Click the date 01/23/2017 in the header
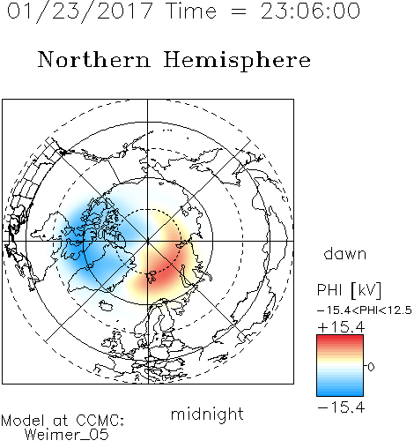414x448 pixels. click(x=80, y=11)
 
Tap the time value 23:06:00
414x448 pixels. click(x=310, y=11)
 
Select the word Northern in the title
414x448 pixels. click(x=94, y=59)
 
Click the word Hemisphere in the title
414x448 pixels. click(x=237, y=61)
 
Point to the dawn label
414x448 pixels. click(x=345, y=253)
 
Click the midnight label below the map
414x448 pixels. click(x=207, y=414)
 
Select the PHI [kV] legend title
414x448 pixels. click(x=349, y=290)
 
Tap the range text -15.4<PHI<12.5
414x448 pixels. click(x=365, y=310)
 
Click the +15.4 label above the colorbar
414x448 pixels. click(x=341, y=327)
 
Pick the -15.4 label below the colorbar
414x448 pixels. click(x=341, y=407)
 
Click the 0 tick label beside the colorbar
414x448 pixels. click(x=371, y=367)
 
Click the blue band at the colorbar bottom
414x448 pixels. click(x=340, y=391)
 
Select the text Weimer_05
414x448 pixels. click(x=67, y=435)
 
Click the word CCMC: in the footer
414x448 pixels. click(x=100, y=421)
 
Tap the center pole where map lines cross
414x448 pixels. click(x=148, y=242)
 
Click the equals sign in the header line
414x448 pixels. click(x=239, y=11)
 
